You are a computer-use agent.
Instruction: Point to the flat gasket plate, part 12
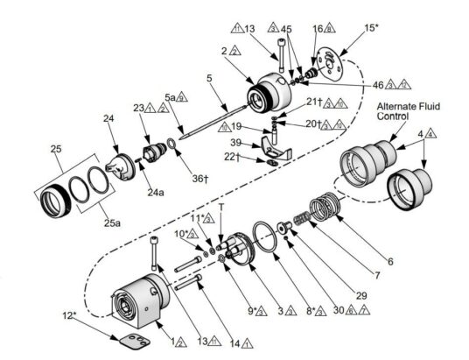137,335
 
